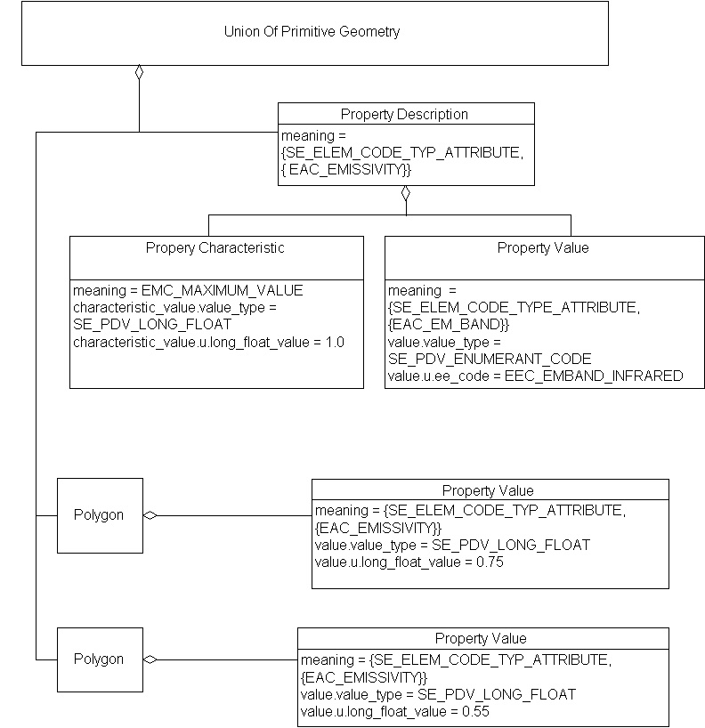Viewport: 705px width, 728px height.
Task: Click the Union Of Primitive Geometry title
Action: point(312,32)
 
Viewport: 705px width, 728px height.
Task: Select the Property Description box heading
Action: point(404,114)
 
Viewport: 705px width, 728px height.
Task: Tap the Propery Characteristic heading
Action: point(215,248)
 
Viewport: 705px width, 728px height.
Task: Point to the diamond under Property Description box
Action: point(406,192)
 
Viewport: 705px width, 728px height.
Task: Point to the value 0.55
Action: point(474,711)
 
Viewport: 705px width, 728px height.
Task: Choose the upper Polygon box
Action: point(99,515)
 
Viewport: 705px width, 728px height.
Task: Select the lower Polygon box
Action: point(99,659)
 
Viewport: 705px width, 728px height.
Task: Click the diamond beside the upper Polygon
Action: point(150,515)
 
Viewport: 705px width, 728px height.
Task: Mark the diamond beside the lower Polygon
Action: point(150,659)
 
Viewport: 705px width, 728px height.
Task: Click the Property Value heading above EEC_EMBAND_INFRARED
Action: point(543,248)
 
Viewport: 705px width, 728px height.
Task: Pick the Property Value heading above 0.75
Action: point(488,490)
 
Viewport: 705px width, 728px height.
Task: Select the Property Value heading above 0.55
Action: point(481,638)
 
